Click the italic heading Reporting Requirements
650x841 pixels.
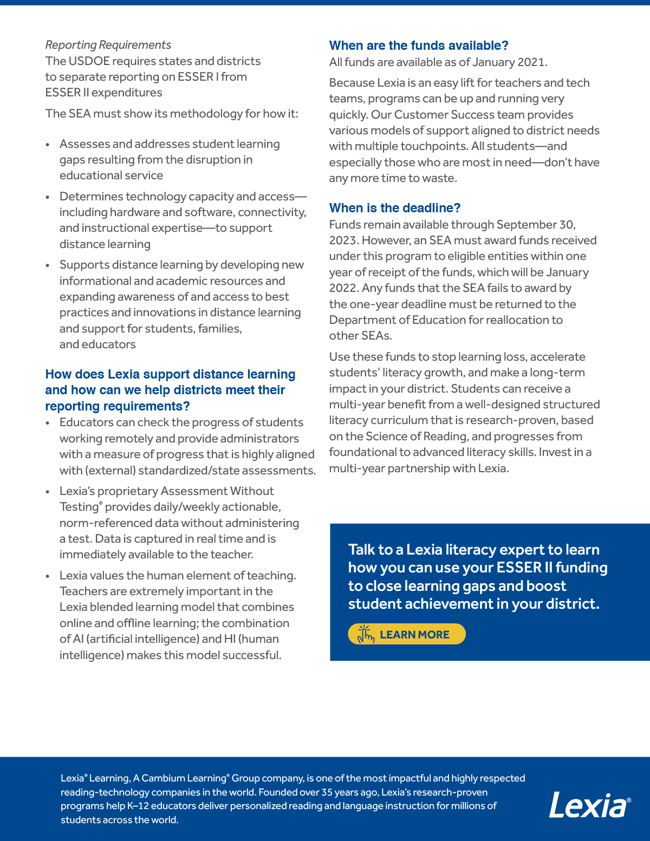pos(108,45)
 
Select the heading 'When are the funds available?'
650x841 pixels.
pos(419,45)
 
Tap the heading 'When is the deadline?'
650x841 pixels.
pos(395,208)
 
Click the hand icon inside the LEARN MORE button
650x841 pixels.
pos(366,634)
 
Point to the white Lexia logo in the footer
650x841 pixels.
pos(589,806)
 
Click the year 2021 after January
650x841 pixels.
pos(531,62)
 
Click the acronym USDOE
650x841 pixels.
pos(89,61)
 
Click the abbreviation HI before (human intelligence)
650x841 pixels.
pos(230,639)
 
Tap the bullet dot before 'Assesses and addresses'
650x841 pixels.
pos(48,145)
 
